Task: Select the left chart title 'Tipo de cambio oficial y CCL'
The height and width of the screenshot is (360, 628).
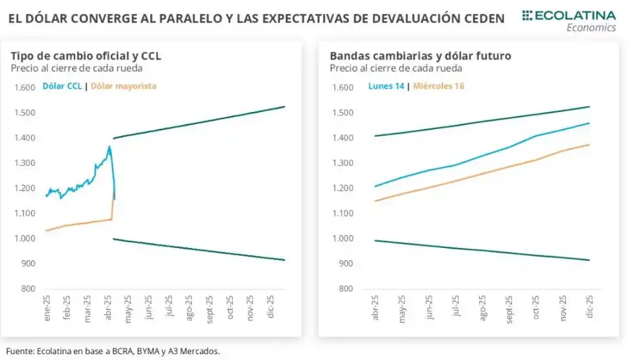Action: click(x=85, y=56)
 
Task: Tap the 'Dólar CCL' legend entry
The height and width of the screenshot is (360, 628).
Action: click(x=62, y=85)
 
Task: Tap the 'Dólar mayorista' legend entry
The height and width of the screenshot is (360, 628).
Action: click(x=124, y=85)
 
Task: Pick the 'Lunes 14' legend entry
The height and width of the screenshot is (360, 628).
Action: click(x=387, y=85)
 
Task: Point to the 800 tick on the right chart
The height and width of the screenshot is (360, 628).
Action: click(x=346, y=289)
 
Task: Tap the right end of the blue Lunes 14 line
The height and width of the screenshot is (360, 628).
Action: click(x=589, y=123)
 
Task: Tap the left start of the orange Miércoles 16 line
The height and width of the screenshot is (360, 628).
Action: click(x=376, y=201)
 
